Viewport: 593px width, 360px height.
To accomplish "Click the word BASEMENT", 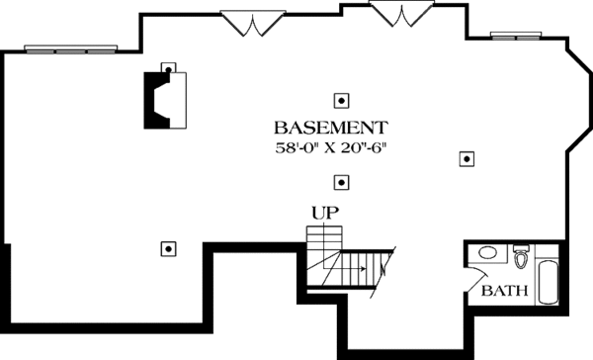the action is (x=331, y=129).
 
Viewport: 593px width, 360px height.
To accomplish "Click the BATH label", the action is (x=504, y=292).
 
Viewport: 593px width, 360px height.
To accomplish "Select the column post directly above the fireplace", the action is (x=168, y=69).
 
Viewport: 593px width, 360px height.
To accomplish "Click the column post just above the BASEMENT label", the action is (x=341, y=100).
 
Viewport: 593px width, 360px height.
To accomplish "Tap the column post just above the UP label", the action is (x=341, y=181).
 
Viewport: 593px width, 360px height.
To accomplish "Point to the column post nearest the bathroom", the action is (x=466, y=157).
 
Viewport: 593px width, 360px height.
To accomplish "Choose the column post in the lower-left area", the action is (x=168, y=248).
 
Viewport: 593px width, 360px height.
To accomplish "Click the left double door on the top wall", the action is (x=253, y=24).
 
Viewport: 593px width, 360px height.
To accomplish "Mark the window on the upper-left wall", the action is (x=72, y=47).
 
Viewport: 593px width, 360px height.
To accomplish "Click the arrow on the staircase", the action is (x=366, y=267).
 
